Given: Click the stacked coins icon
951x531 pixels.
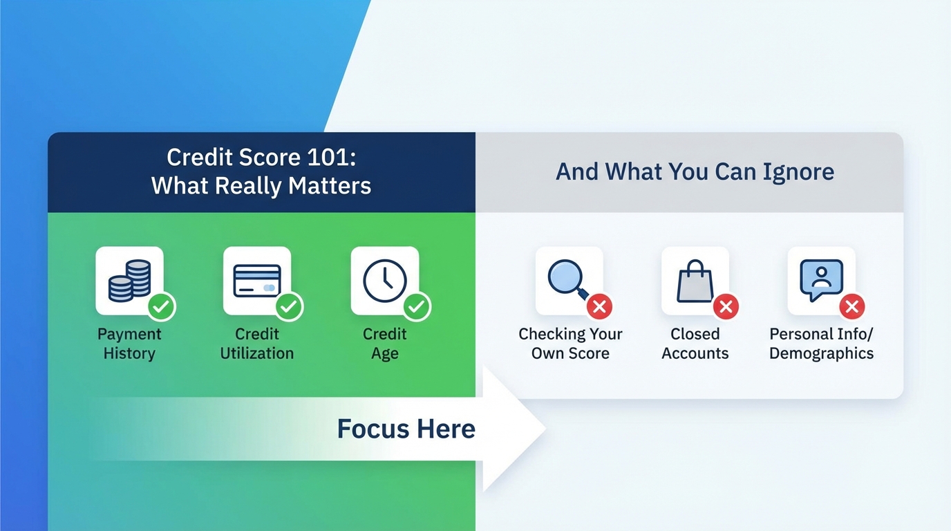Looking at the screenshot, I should [129, 280].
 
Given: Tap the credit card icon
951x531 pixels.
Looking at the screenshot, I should [256, 280].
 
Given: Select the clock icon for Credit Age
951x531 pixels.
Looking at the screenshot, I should [384, 280].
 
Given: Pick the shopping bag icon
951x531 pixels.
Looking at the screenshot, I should [694, 280].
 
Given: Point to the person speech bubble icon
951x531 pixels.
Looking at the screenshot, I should [821, 279].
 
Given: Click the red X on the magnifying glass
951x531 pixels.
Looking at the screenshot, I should [600, 306].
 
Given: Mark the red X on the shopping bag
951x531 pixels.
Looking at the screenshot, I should [726, 306].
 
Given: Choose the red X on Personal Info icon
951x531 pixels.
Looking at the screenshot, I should [852, 306].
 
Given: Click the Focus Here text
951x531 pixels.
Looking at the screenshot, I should [406, 429].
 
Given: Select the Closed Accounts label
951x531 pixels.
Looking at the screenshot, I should [695, 344].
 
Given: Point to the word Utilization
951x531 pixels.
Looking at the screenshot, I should [256, 353].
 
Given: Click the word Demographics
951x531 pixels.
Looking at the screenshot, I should [821, 353].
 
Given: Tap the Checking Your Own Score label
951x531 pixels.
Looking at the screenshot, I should [570, 344].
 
